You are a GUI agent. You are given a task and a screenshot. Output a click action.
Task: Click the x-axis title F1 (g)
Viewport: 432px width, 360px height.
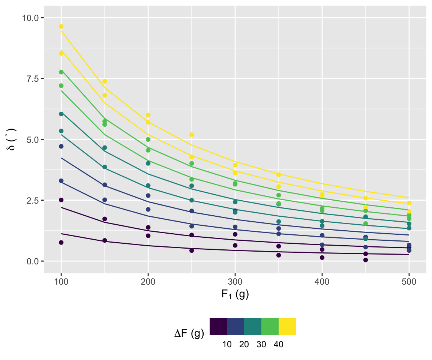235,295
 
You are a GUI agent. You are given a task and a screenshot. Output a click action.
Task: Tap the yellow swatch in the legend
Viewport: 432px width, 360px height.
287,326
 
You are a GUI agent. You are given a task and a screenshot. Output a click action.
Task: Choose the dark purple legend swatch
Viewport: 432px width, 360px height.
218,326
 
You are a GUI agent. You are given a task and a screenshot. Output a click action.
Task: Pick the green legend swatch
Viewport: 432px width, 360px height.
270,326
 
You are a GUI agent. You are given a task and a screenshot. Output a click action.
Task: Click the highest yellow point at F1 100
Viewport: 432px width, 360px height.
61,27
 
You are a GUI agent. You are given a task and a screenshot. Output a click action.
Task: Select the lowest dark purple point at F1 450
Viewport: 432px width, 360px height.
366,260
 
